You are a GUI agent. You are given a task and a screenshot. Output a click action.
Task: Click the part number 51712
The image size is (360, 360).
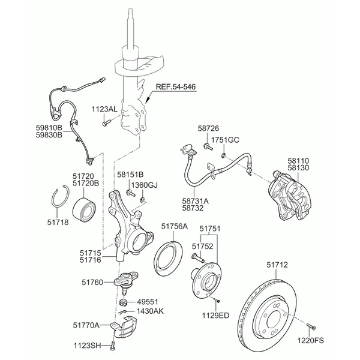[277, 264]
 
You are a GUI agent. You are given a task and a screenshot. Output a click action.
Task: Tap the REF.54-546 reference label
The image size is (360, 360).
[175, 87]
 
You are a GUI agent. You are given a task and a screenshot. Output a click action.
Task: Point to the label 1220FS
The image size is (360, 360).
[311, 340]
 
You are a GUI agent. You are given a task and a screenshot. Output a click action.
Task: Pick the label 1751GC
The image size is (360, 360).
[226, 140]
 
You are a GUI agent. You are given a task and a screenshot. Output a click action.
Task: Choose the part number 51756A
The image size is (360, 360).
[174, 226]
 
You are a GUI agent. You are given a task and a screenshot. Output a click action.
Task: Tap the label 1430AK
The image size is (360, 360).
[150, 311]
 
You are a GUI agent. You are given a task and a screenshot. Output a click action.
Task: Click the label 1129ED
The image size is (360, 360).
[215, 314]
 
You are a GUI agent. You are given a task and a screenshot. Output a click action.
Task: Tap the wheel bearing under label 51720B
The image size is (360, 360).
[84, 207]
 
